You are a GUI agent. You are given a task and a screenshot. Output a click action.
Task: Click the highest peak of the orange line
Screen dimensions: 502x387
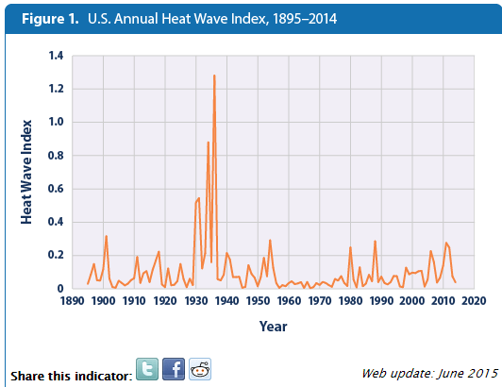tap(214, 76)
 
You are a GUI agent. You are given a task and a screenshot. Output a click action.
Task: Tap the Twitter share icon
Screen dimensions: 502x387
tap(147, 369)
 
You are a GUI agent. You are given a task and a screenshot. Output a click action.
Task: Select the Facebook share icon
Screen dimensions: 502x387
tap(174, 369)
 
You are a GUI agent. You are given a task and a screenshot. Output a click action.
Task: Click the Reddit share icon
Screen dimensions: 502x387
tap(200, 369)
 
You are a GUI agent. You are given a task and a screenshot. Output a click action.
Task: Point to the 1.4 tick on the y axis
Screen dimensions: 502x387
tap(56, 56)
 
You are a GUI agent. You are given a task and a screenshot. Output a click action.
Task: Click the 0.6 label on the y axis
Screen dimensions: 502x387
tap(56, 189)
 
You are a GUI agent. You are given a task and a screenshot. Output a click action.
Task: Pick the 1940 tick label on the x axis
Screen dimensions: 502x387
tap(227, 301)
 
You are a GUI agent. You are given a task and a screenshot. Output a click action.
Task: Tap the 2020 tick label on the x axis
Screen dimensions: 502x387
tap(474, 301)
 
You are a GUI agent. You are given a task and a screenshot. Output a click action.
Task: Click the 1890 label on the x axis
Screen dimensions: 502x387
tap(73, 301)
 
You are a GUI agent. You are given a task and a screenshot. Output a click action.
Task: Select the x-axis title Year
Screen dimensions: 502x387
tap(273, 327)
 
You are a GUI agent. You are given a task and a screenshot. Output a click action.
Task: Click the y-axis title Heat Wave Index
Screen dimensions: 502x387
tap(26, 172)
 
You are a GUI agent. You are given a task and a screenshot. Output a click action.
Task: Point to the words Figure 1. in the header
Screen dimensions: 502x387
tap(50, 19)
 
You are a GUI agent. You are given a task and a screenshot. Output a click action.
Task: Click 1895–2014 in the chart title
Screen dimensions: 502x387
tap(305, 19)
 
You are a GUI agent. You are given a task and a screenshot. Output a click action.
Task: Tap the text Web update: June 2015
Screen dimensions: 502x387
tap(430, 374)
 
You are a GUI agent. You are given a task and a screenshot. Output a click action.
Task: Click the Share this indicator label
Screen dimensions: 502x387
tap(72, 376)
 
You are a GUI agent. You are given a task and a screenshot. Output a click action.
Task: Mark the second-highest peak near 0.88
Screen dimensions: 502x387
tap(209, 143)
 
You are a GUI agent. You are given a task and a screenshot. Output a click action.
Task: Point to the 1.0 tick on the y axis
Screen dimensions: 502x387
tap(56, 122)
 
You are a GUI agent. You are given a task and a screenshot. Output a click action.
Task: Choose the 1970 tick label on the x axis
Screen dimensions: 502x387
tap(320, 301)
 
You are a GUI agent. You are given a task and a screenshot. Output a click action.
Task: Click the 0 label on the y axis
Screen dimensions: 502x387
tap(60, 289)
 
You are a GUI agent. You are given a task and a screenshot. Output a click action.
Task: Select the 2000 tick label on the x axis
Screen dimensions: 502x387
tap(412, 301)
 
